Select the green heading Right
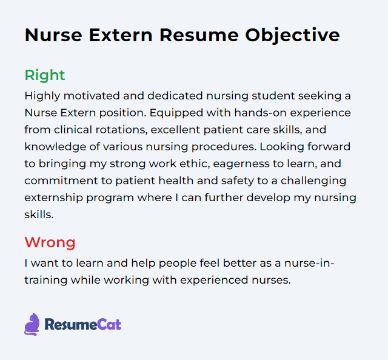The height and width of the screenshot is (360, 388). click(x=44, y=75)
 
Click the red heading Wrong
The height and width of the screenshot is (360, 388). click(x=50, y=243)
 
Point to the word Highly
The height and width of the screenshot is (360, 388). click(x=41, y=96)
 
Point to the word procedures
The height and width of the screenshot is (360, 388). click(x=210, y=147)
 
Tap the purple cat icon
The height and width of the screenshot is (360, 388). click(x=32, y=324)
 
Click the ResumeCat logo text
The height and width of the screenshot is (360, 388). click(x=82, y=325)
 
